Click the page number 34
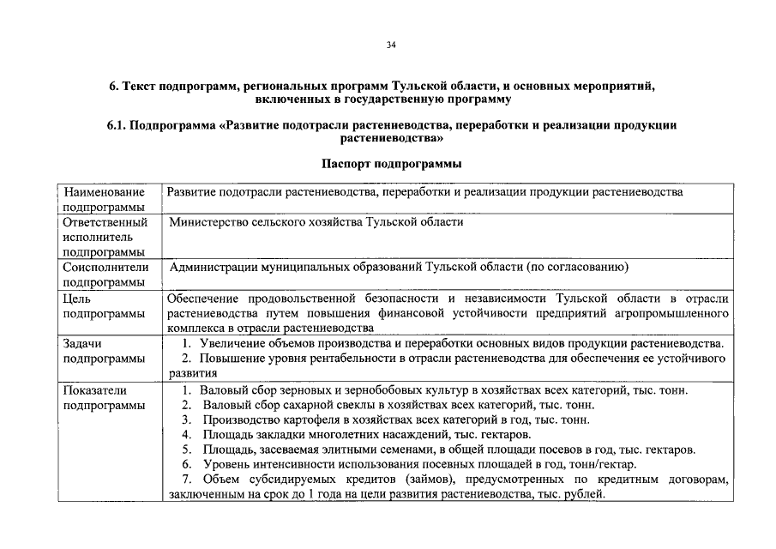[x=391, y=45]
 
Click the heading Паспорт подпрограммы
[x=391, y=163]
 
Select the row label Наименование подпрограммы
[x=103, y=199]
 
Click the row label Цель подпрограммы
[x=103, y=306]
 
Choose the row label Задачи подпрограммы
[x=103, y=351]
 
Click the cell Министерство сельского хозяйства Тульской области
[x=316, y=222]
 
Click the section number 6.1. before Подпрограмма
[x=117, y=125]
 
